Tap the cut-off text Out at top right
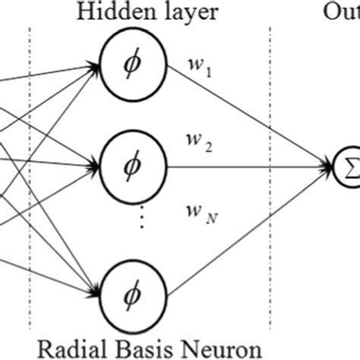pyautogui.click(x=346, y=13)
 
